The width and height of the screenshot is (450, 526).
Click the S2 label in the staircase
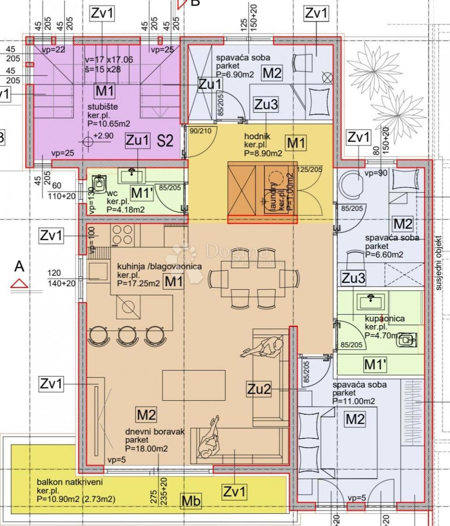[x=166, y=141]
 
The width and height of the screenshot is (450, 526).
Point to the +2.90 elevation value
[x=103, y=136]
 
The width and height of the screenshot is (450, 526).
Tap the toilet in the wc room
[x=100, y=184]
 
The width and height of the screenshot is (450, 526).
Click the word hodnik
[x=257, y=137]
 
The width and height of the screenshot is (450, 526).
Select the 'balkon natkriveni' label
[x=70, y=483]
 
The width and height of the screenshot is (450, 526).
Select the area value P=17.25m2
[x=138, y=284]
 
